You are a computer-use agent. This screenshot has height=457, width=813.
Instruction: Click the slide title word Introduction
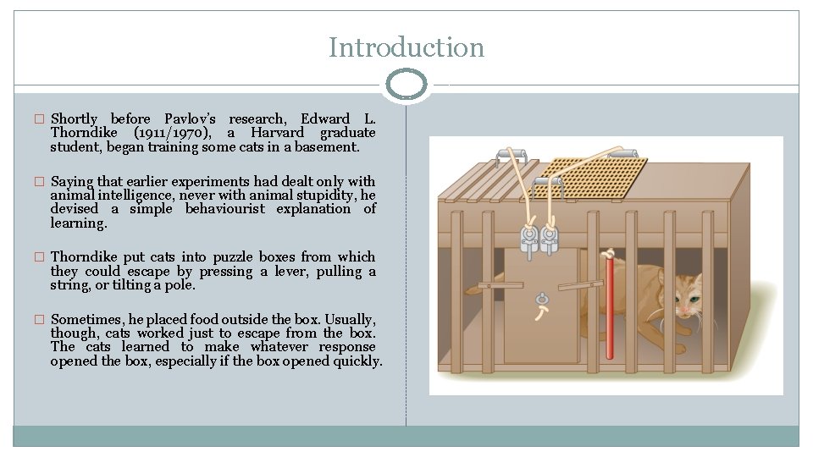point(406,47)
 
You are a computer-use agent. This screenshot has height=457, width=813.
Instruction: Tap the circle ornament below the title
point(406,85)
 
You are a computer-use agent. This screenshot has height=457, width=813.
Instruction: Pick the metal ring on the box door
point(541,298)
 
